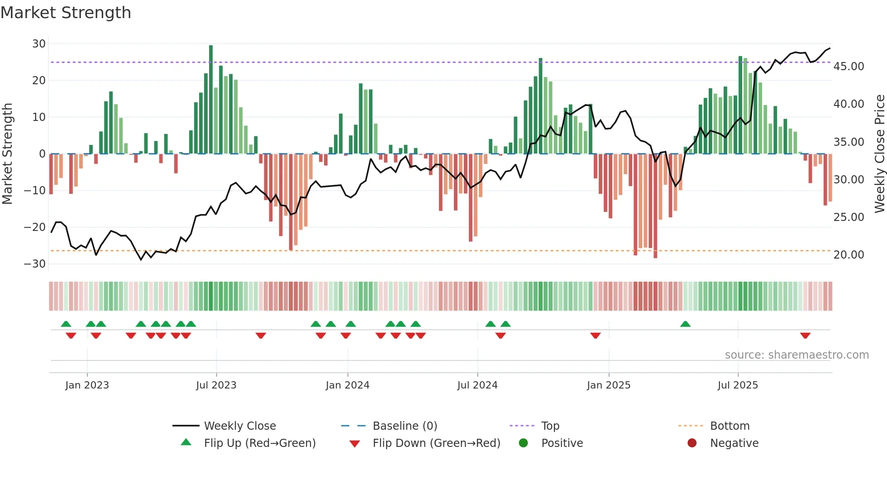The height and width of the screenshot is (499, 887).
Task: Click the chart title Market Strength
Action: [66, 13]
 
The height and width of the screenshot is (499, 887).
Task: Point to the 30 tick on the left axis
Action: [39, 44]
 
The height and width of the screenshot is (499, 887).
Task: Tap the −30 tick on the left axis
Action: [35, 264]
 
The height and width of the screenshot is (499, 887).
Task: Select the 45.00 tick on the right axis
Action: [849, 67]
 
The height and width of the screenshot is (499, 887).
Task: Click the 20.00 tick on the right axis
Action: [849, 255]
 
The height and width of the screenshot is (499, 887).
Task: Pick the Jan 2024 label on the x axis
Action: [348, 385]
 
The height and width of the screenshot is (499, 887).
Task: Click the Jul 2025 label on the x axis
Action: [738, 385]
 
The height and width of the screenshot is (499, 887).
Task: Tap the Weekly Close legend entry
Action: [239, 426]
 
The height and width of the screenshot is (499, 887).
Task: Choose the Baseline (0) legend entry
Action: [405, 426]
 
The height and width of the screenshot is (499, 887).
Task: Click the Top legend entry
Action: [550, 426]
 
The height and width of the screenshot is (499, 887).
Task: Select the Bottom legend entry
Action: [730, 426]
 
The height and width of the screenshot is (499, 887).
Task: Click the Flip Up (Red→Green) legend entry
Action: [259, 443]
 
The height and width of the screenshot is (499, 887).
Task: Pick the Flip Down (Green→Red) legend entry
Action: [436, 443]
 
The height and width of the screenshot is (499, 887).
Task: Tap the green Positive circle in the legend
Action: [524, 443]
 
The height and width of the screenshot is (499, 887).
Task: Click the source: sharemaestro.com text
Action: [796, 355]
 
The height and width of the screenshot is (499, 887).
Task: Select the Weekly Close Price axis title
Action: [880, 154]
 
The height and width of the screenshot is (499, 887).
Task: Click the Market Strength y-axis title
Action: [8, 154]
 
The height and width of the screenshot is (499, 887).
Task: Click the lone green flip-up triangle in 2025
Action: [685, 324]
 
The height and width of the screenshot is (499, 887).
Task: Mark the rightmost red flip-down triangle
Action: [805, 336]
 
